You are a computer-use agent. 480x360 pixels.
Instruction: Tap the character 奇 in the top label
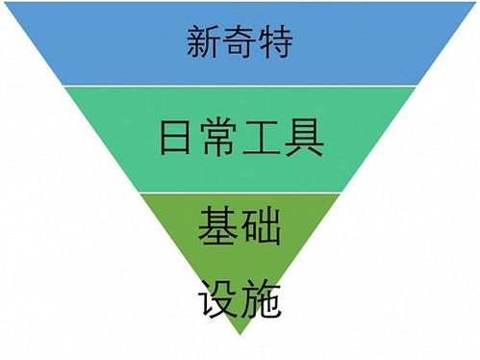click(240, 43)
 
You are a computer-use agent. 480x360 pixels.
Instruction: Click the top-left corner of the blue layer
click(2, 2)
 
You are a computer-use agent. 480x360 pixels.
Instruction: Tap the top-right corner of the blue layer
click(477, 2)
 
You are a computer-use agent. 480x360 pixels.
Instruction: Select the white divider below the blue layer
click(240, 86)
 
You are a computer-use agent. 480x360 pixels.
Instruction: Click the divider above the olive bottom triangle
click(240, 192)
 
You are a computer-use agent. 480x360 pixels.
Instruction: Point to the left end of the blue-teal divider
click(63, 86)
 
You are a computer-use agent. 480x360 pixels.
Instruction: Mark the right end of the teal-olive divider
click(343, 192)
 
